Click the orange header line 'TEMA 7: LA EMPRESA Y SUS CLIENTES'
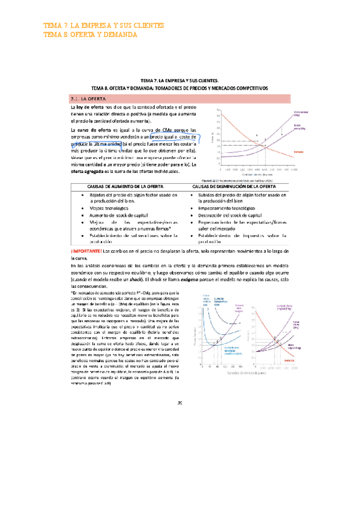click(104, 25)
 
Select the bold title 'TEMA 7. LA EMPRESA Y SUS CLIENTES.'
click(179, 80)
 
